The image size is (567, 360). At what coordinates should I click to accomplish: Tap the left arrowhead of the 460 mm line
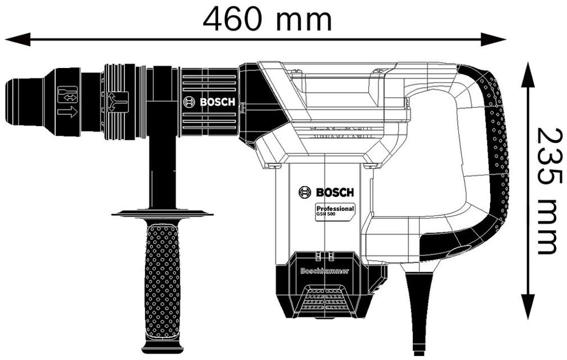[x=18, y=39]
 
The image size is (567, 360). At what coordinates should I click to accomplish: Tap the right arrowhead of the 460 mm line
[x=493, y=39]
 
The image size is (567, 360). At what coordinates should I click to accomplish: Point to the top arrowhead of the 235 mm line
[x=528, y=74]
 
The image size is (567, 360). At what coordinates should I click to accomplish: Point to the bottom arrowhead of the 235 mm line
[x=528, y=307]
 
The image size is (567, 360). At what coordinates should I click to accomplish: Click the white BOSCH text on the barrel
[x=217, y=102]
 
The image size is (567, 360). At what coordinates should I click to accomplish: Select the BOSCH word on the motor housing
[x=335, y=192]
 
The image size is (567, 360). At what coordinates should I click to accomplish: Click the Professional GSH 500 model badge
[x=335, y=211]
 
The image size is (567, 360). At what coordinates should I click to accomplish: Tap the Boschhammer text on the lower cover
[x=325, y=271]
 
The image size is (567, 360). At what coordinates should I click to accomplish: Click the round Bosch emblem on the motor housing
[x=305, y=192]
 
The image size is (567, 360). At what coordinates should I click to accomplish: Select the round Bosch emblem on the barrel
[x=189, y=102]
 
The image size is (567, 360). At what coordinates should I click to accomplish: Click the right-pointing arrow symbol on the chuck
[x=67, y=111]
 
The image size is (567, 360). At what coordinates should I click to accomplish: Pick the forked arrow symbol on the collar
[x=118, y=102]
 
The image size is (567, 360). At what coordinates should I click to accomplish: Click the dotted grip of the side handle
[x=163, y=280]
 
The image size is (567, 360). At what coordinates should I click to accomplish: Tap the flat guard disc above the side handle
[x=163, y=214]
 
